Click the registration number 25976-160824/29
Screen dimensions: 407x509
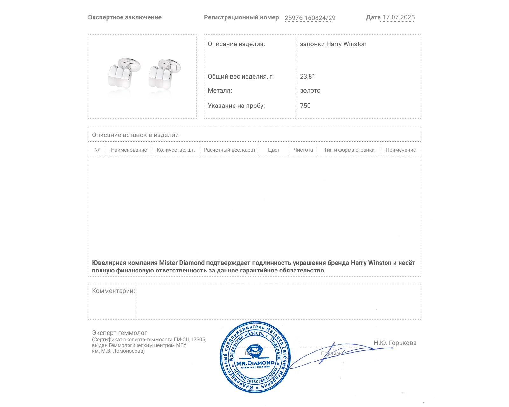click(x=310, y=18)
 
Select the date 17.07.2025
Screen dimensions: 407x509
click(x=398, y=17)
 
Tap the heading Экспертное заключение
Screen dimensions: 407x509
click(x=125, y=17)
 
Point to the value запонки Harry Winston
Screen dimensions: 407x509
click(x=333, y=44)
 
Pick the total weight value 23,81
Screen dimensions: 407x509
click(x=307, y=77)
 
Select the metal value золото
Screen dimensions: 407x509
click(x=310, y=91)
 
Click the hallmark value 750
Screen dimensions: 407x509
click(x=305, y=106)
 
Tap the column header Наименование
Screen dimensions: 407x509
click(x=129, y=150)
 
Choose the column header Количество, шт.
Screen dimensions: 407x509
click(x=176, y=150)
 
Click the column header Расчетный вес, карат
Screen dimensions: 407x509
click(x=229, y=150)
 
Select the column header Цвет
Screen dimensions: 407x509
click(x=274, y=150)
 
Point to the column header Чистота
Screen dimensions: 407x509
click(x=303, y=150)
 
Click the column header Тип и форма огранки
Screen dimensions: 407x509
click(x=349, y=150)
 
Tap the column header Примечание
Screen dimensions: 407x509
click(x=401, y=150)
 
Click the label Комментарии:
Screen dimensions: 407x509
click(x=113, y=291)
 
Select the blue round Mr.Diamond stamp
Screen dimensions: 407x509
click(x=255, y=357)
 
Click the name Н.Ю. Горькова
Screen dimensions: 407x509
click(x=395, y=343)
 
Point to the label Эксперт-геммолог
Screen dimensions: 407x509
click(x=119, y=333)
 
